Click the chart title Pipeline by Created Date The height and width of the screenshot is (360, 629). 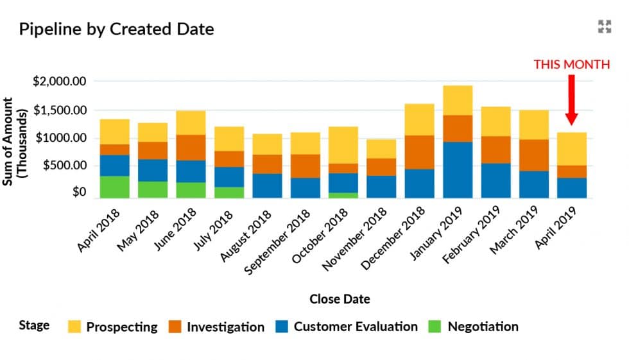[116, 29]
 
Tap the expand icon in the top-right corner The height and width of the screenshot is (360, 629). [604, 26]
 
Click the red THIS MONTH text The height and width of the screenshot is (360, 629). [571, 65]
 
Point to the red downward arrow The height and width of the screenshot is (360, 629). [571, 99]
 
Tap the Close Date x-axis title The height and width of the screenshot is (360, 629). [340, 299]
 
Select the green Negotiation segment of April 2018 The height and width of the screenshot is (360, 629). [114, 187]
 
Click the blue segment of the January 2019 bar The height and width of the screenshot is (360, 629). [458, 169]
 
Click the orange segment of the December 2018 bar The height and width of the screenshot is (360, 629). [419, 152]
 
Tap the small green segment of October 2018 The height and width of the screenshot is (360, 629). [343, 195]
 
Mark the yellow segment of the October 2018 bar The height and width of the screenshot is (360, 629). [343, 145]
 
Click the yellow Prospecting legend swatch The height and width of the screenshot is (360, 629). [74, 327]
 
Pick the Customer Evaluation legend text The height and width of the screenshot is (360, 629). [356, 327]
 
